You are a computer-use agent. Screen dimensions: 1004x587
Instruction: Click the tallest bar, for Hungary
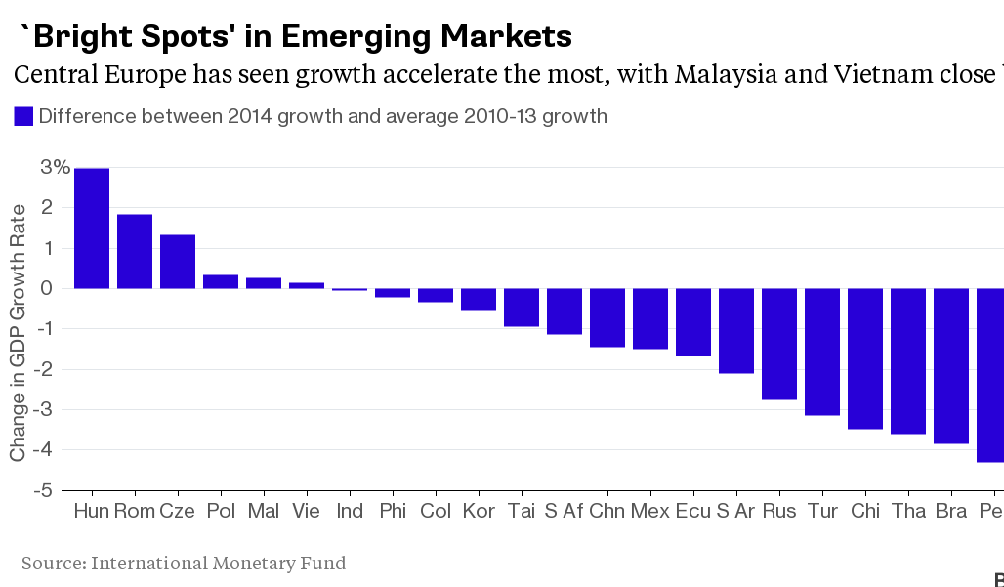pos(92,229)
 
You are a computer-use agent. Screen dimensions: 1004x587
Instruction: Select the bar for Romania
pos(135,252)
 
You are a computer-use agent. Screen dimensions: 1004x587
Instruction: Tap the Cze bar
pos(178,262)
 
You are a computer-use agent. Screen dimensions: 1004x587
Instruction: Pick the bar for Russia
pos(779,345)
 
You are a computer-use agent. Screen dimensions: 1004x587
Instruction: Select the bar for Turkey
pos(822,352)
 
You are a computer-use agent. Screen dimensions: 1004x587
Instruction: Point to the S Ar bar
pos(736,331)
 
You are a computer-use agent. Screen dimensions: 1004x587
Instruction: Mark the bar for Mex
pos(650,318)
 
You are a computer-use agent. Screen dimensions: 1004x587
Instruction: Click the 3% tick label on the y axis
pos(55,168)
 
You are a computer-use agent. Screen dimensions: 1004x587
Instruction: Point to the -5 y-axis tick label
pos(43,490)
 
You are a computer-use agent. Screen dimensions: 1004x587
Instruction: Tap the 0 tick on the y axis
pos(47,289)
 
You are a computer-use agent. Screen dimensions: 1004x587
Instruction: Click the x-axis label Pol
pos(221,511)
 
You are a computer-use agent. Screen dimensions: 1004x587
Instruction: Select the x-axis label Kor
pos(479,511)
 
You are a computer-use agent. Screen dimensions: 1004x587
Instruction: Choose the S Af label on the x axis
pos(565,511)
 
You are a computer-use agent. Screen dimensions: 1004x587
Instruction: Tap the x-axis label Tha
pos(908,511)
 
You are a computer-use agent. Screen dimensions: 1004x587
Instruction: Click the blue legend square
pos(23,116)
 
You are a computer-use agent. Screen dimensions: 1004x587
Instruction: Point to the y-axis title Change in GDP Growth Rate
pos(18,333)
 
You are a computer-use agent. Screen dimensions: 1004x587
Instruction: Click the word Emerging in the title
pos(356,37)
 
